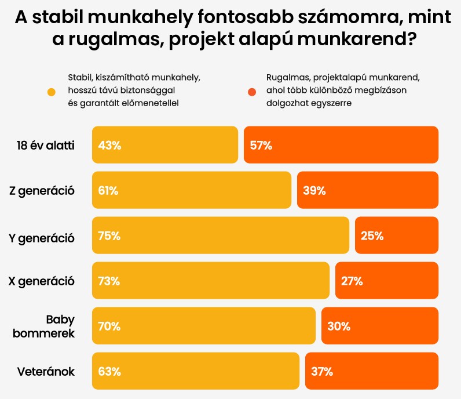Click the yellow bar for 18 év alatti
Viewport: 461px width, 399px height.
point(165,144)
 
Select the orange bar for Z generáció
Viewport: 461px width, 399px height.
point(368,190)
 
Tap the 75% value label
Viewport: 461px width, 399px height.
point(109,235)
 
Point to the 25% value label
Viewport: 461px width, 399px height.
point(372,235)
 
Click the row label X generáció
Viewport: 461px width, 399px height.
point(42,281)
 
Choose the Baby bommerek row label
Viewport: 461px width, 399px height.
point(60,327)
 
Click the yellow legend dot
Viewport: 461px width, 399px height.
point(52,92)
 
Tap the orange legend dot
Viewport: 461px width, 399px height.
point(251,92)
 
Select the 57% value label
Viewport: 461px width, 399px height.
point(261,145)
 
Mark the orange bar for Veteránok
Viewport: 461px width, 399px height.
point(372,371)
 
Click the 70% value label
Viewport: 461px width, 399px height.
point(109,327)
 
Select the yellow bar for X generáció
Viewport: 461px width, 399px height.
point(211,281)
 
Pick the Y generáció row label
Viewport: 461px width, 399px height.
point(42,235)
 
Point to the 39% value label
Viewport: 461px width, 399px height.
point(314,190)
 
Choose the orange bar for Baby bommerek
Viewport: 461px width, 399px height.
point(380,326)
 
